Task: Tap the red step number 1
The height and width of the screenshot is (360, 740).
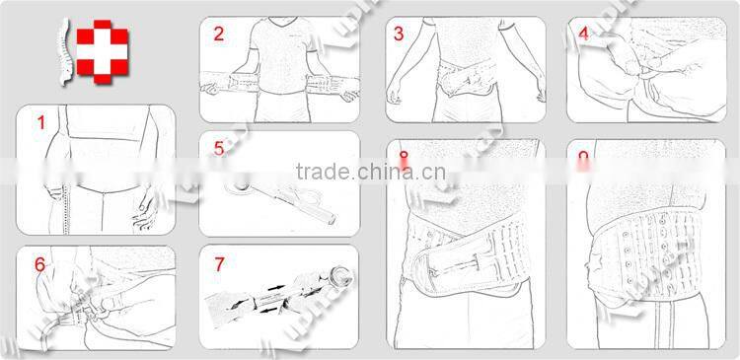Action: point(41,123)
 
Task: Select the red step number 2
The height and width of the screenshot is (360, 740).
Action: point(218,34)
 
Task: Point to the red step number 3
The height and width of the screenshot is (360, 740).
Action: point(399,34)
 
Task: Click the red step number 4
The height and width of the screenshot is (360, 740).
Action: point(583,34)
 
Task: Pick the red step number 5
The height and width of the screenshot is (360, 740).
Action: point(218,150)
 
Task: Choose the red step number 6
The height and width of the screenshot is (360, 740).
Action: point(40,263)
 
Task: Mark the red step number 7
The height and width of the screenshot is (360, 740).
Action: point(218,263)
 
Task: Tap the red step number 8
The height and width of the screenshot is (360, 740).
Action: point(403,157)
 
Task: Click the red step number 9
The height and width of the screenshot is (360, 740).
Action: point(583,157)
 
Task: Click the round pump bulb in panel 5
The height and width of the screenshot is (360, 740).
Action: point(238,185)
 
